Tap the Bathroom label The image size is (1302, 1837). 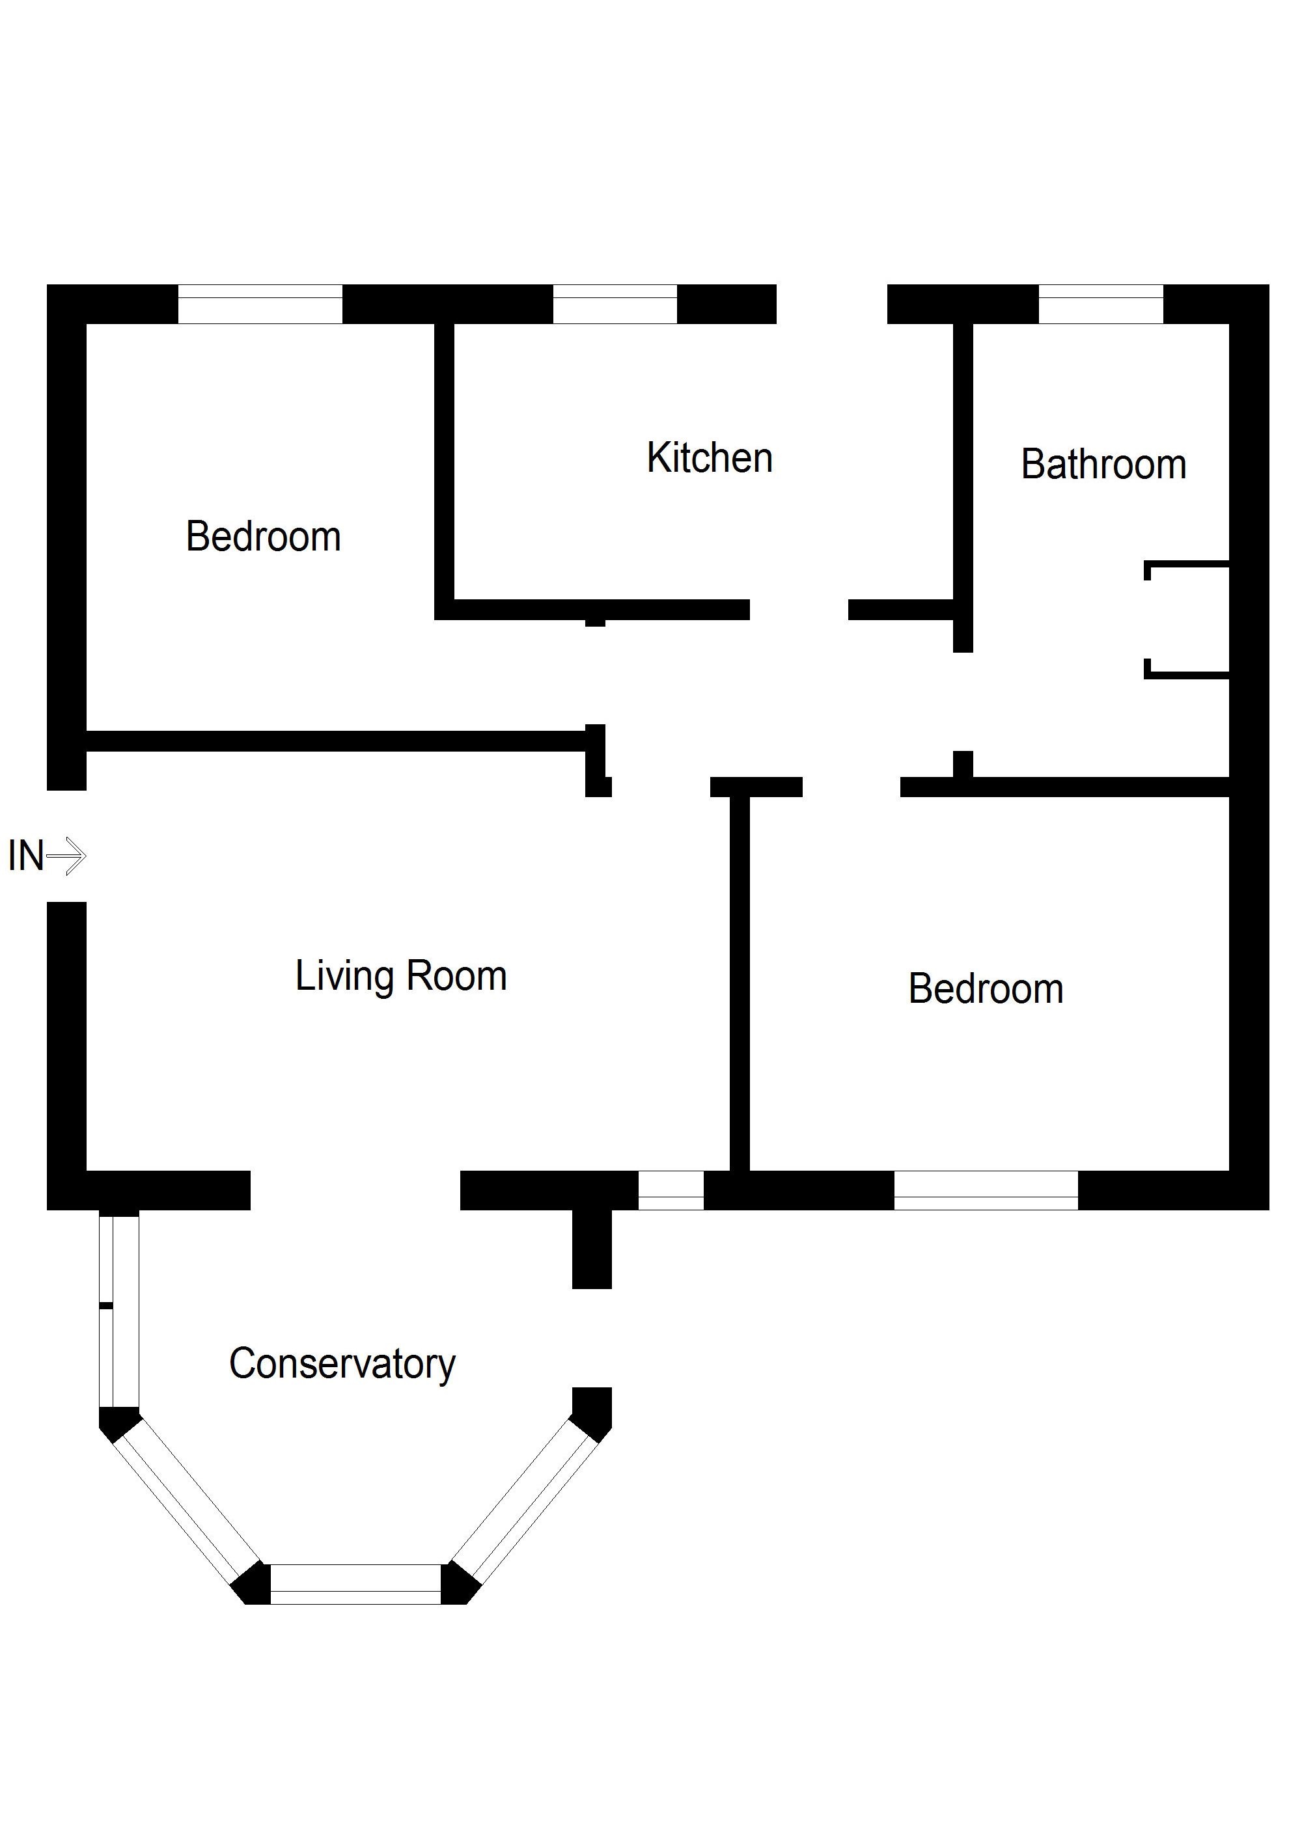1103,464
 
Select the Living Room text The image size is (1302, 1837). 401,976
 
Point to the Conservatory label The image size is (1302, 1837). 342,1363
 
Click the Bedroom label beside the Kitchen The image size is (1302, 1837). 263,536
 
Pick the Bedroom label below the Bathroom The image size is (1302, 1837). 986,988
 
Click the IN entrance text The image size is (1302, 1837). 25,856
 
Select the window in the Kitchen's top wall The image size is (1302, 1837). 615,305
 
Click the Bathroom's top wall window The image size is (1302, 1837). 1101,305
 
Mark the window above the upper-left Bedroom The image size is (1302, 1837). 260,305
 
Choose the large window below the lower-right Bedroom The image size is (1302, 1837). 986,1190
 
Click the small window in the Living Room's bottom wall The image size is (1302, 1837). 671,1190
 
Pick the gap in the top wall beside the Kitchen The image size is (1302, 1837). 831,305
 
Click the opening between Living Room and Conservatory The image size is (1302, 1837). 355,1190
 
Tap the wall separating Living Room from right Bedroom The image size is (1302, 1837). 739,982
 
